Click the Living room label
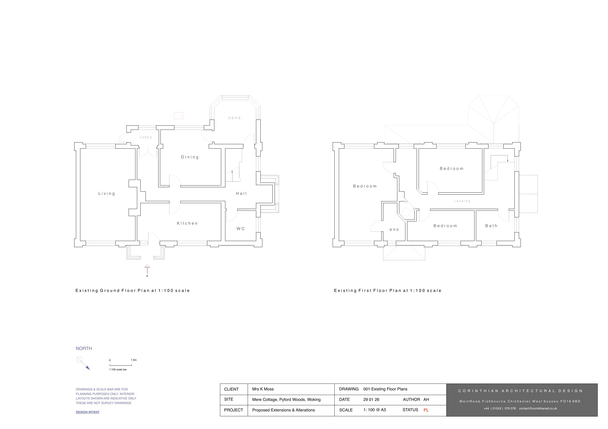[x=107, y=194]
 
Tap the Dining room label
[x=190, y=157]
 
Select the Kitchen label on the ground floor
[x=187, y=223]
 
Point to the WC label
[x=241, y=229]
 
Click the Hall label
[x=241, y=194]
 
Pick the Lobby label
[x=146, y=137]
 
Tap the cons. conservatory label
[x=235, y=118]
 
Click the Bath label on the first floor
[x=491, y=226]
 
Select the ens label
[x=394, y=230]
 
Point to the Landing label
[x=462, y=201]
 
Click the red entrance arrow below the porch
[x=147, y=270]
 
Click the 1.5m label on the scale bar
[x=134, y=360]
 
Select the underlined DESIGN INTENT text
[x=88, y=412]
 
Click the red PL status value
[x=426, y=410]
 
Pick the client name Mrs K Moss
[x=263, y=389]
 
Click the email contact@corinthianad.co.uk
[x=538, y=408]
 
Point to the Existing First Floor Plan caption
[x=388, y=290]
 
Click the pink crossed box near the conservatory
[x=179, y=116]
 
